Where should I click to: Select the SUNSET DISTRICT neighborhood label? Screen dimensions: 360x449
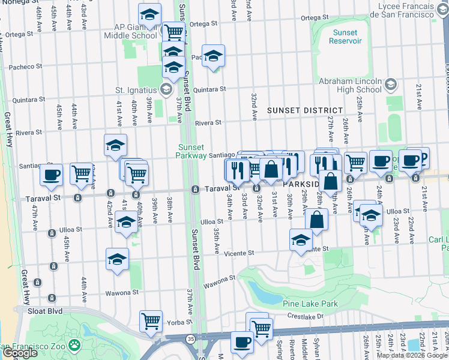[304, 111]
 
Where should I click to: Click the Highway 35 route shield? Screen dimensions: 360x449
[190, 339]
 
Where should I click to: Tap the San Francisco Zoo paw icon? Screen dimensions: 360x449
[74, 345]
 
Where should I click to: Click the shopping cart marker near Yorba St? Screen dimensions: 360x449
[151, 320]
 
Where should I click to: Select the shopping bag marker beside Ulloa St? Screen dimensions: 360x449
[316, 220]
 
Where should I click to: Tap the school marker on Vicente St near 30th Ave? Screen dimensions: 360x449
[301, 240]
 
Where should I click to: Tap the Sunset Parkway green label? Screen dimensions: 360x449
[191, 151]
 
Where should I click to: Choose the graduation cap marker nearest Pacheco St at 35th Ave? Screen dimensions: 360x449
[213, 56]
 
